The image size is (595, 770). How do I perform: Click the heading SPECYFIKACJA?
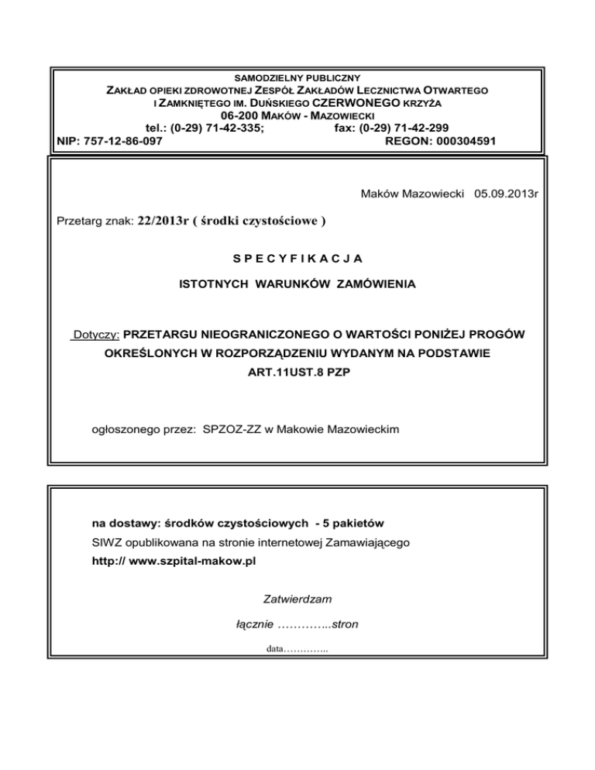297,256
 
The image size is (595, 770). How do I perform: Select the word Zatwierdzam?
297,598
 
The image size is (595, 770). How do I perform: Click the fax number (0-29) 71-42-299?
408,128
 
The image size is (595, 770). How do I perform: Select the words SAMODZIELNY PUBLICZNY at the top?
297,78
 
